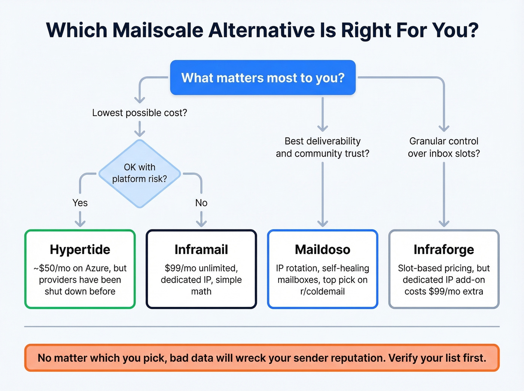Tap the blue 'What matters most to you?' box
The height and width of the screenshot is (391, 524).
[x=263, y=77]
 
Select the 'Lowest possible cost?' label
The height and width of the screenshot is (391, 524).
[x=140, y=113]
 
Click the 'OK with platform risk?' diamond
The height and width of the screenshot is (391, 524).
[x=140, y=173]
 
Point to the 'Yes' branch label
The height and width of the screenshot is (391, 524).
[x=80, y=203]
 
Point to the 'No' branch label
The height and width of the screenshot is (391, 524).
[x=201, y=203]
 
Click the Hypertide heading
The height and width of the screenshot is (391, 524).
[x=80, y=250]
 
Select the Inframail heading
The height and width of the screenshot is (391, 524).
[x=201, y=250]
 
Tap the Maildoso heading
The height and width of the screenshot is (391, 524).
[x=322, y=250]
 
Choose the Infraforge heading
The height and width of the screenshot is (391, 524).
[x=444, y=250]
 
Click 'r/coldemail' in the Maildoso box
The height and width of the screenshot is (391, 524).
[x=322, y=291]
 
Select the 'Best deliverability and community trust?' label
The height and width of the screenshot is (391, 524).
[x=322, y=147]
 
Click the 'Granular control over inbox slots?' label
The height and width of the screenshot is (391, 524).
[x=444, y=147]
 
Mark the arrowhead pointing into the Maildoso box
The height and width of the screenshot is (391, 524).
[x=322, y=224]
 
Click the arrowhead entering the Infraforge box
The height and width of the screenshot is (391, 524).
[x=444, y=224]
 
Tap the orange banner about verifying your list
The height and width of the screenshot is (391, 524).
[x=262, y=358]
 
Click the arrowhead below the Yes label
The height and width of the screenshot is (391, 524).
[x=80, y=224]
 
